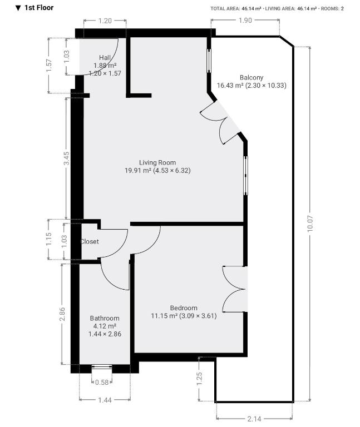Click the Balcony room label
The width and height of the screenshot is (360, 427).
(x=251, y=78)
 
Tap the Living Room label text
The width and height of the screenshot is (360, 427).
(x=157, y=162)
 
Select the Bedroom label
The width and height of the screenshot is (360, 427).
(x=184, y=308)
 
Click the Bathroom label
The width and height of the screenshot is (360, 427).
(x=105, y=319)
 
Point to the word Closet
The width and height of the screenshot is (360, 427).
(x=90, y=241)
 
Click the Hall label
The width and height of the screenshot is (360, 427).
(x=105, y=58)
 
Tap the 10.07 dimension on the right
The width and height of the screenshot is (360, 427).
(x=310, y=224)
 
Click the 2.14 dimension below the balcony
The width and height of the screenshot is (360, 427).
(x=254, y=419)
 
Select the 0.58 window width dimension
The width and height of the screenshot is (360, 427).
(x=102, y=383)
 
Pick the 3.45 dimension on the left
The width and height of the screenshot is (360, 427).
(x=66, y=158)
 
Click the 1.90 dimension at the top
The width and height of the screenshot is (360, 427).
(x=245, y=21)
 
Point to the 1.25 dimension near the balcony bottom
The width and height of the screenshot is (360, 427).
(x=199, y=379)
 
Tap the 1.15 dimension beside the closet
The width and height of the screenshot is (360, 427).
(x=48, y=239)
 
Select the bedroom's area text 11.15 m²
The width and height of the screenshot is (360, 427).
(x=164, y=316)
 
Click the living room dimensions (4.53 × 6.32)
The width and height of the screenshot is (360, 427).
(x=172, y=171)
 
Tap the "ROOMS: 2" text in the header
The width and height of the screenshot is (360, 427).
(x=332, y=9)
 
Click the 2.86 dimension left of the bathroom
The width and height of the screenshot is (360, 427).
(x=62, y=314)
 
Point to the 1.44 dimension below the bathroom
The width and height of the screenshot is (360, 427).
(x=105, y=400)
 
